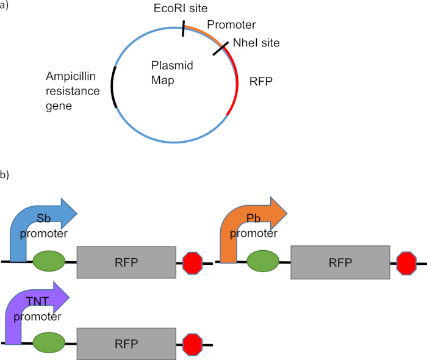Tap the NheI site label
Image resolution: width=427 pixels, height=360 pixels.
click(254, 43)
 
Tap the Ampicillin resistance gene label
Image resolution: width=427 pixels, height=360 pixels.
click(73, 91)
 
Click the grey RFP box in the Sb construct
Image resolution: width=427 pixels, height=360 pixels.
click(126, 262)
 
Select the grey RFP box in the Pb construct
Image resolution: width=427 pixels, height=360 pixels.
click(340, 262)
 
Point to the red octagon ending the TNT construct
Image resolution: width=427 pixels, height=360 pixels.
click(193, 344)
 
